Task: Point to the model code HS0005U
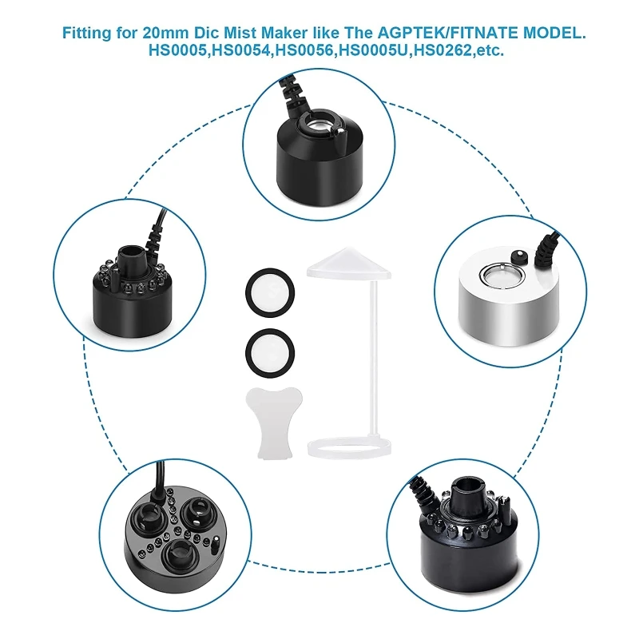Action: pos(375,50)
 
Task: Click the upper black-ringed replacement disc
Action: pos(270,292)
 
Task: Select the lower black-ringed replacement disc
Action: pos(270,352)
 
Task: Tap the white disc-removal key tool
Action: pos(274,423)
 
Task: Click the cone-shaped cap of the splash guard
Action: pos(349,264)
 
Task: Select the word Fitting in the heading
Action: pos(86,33)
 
